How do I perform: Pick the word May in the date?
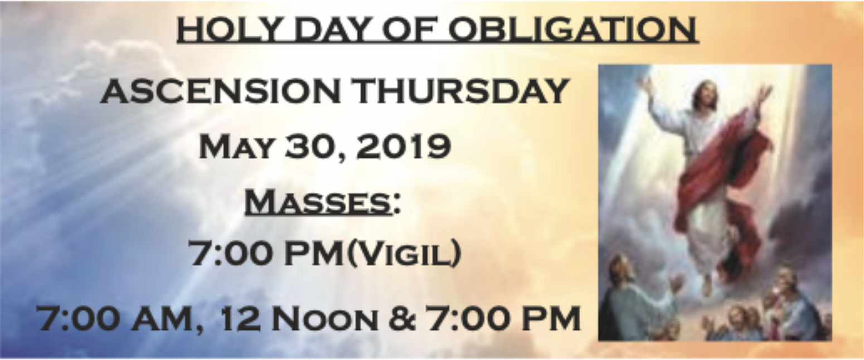click(x=236, y=147)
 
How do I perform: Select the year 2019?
click(x=402, y=147)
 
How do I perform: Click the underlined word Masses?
click(x=318, y=202)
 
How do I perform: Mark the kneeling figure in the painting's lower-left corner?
click(x=629, y=300)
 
